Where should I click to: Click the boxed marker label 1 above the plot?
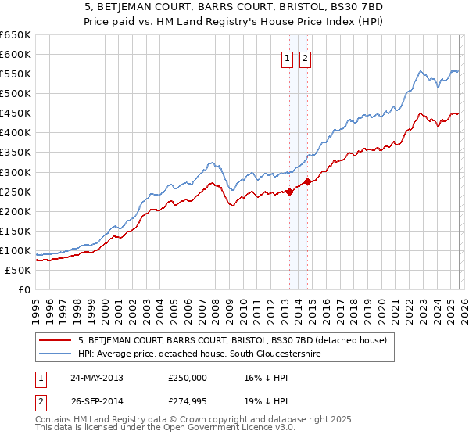(x=287, y=58)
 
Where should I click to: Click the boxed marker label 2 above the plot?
(x=305, y=58)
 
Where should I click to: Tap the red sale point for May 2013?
(x=290, y=191)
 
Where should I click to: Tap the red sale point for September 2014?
(x=308, y=181)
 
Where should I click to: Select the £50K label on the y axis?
(x=18, y=270)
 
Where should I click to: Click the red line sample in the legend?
(x=55, y=340)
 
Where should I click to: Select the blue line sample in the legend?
(x=55, y=354)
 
